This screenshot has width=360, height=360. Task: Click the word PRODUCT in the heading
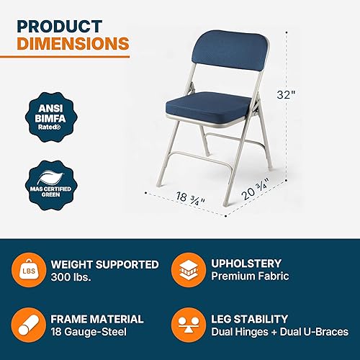click(58, 26)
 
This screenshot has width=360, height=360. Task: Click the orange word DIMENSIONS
click(73, 45)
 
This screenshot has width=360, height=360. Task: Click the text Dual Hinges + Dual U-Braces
click(285, 332)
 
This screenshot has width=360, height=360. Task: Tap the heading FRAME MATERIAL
click(98, 318)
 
